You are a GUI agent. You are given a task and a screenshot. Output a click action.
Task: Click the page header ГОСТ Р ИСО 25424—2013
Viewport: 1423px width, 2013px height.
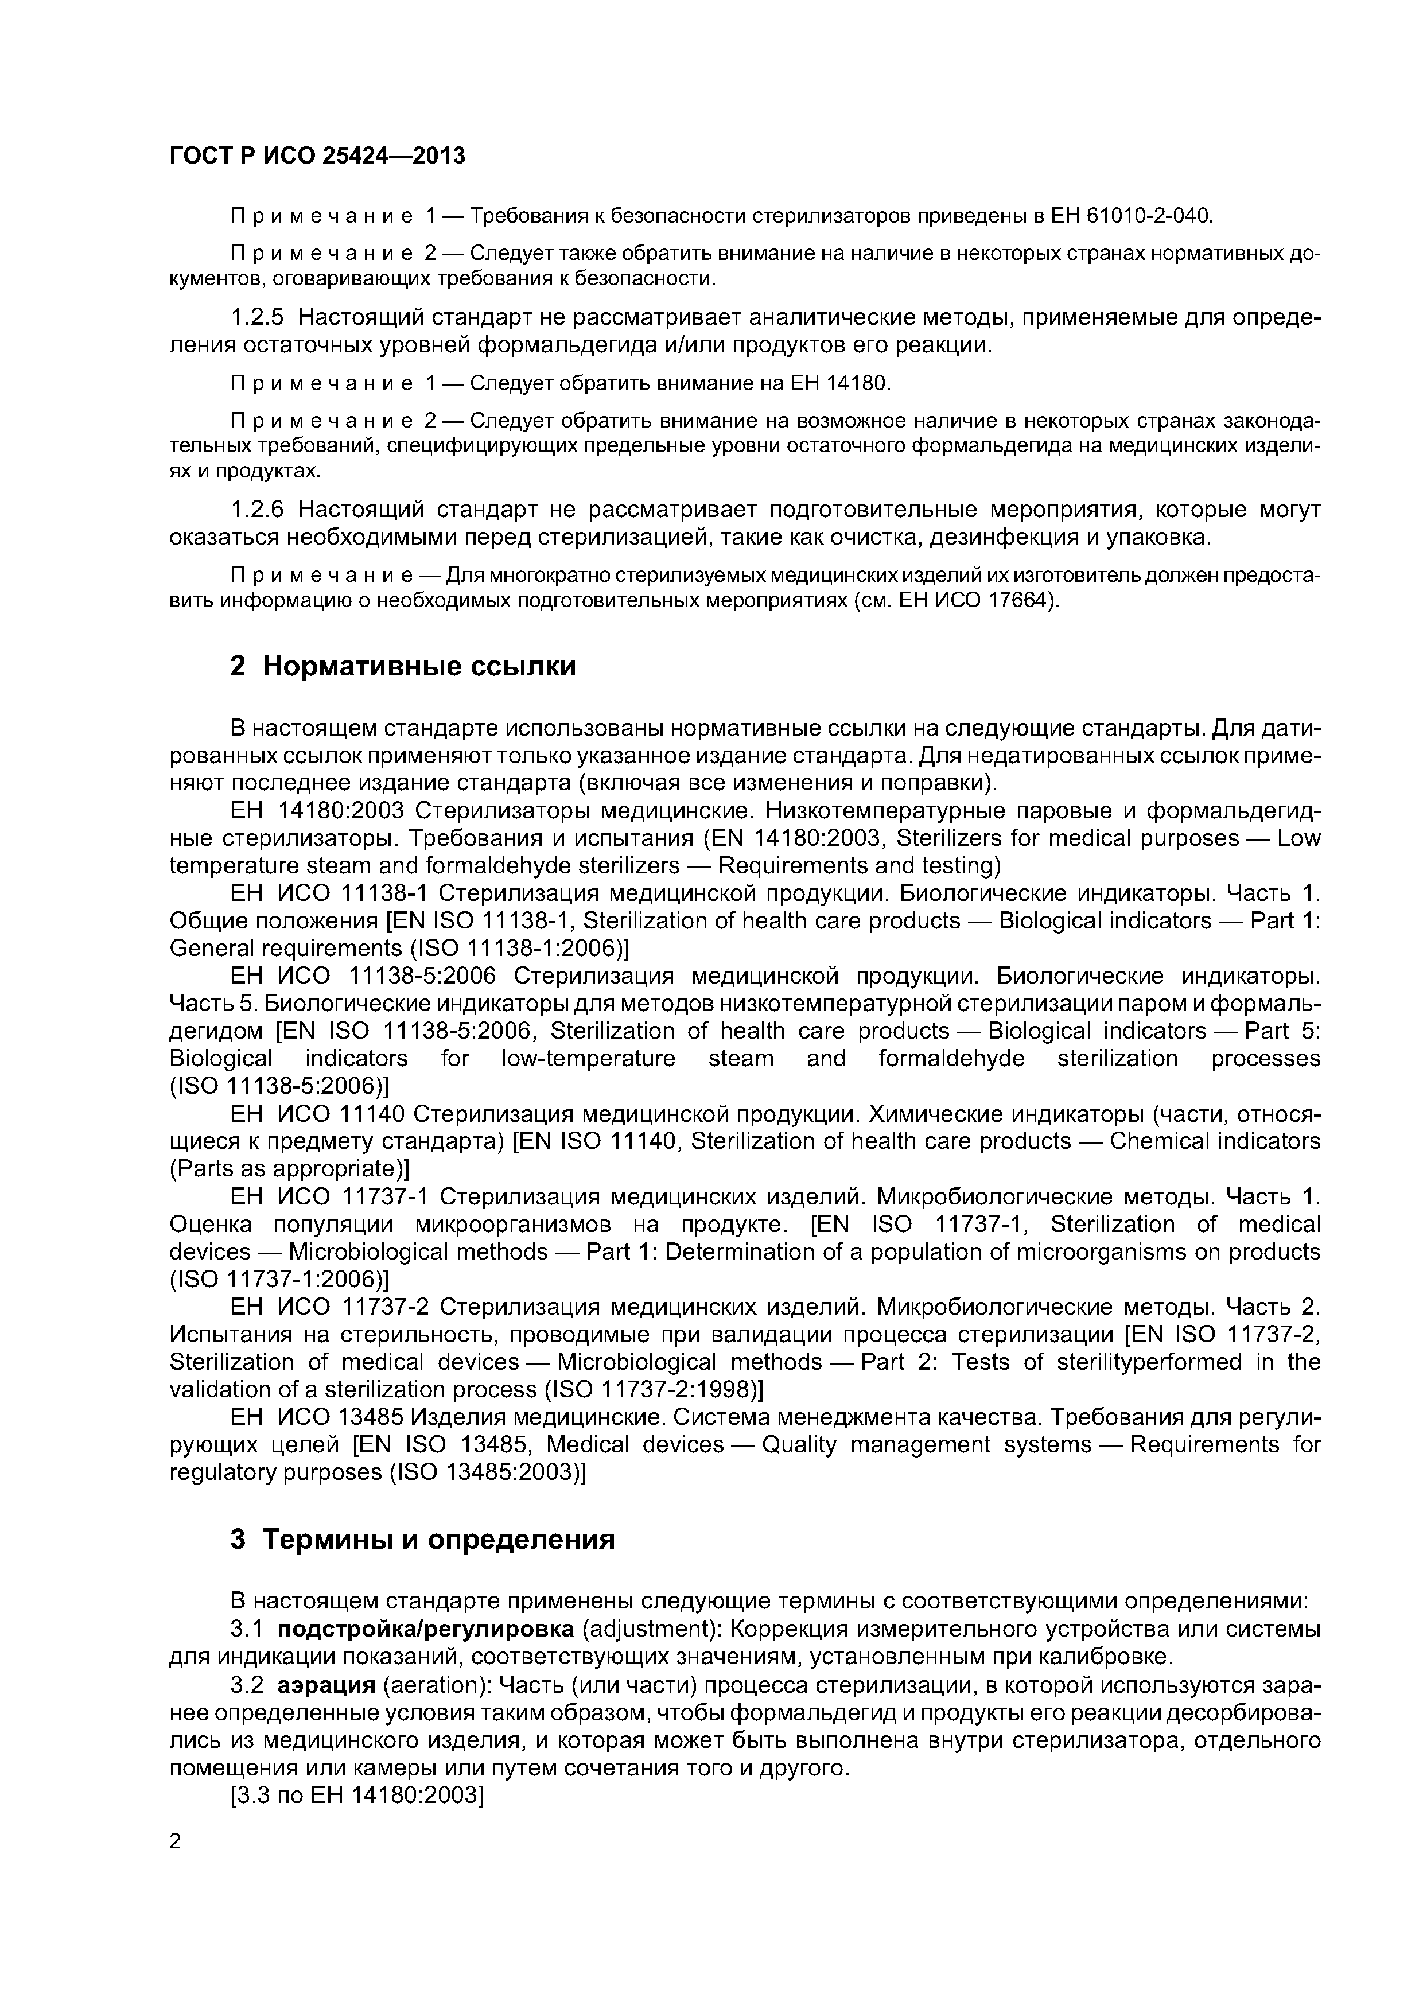click(x=317, y=156)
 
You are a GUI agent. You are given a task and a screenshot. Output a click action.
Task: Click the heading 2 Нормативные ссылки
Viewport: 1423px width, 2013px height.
click(x=403, y=666)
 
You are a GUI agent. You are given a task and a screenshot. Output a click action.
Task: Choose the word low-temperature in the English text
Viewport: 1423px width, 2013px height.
click(x=588, y=1058)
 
